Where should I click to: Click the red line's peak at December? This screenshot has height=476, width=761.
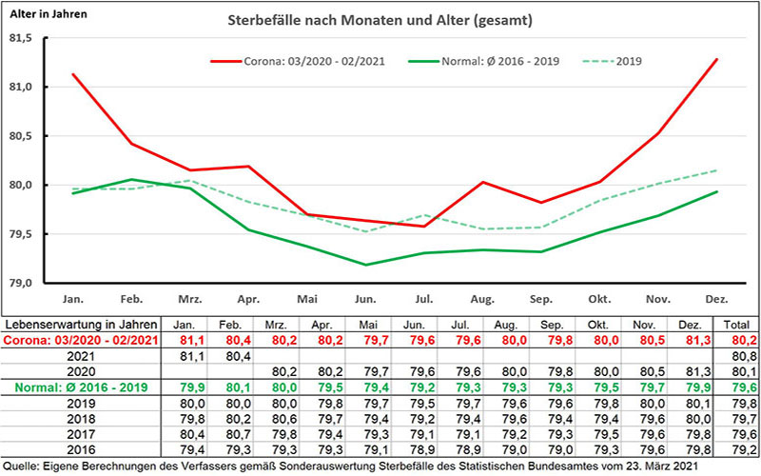point(716,59)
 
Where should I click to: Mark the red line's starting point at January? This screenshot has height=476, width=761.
point(72,73)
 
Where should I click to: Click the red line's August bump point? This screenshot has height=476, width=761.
point(482,182)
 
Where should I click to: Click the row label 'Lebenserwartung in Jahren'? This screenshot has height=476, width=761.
point(85,324)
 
